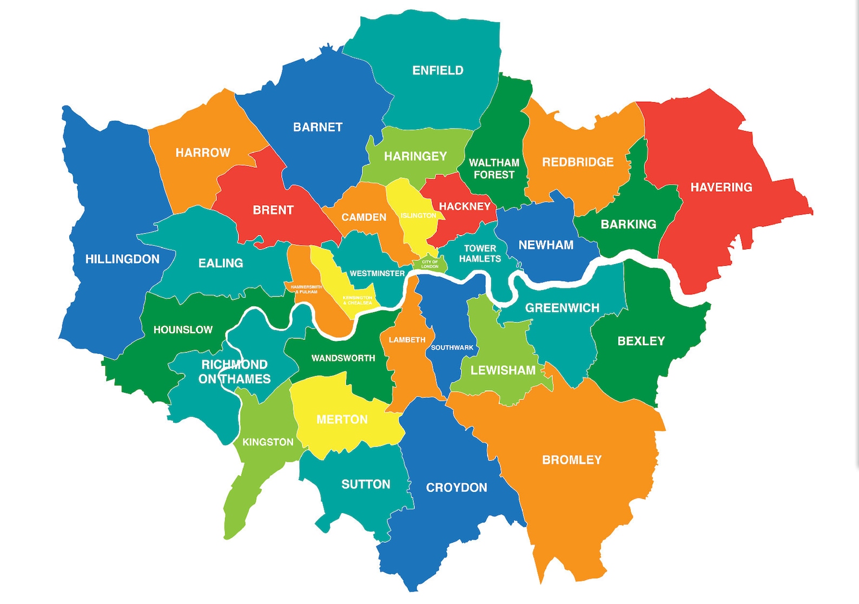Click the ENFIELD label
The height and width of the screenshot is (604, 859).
coord(438,70)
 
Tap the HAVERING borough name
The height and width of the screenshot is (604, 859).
coord(721,187)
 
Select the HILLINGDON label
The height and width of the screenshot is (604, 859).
coord(122,259)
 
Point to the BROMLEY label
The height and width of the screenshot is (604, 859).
coord(572,460)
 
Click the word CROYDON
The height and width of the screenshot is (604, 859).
coord(457,488)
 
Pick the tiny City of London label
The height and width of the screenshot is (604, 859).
coord(430,264)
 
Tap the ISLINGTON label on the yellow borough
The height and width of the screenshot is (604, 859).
coord(418,215)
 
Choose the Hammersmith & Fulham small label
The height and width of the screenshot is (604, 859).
coord(306,289)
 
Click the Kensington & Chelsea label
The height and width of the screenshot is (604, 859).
coord(358,300)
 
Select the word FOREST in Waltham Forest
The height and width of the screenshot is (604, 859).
coord(494,175)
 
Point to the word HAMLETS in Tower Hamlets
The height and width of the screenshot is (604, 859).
coord(480,259)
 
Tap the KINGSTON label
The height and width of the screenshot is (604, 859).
coord(268,442)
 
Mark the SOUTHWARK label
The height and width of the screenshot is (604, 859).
coord(452,347)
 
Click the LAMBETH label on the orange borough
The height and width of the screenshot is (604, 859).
coord(407,340)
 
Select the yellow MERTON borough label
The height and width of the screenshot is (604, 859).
coord(342,419)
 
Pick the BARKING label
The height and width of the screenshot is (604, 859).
coord(628,224)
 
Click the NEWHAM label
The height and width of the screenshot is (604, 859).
coord(546,245)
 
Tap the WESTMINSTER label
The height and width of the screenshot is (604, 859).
coord(377,273)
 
